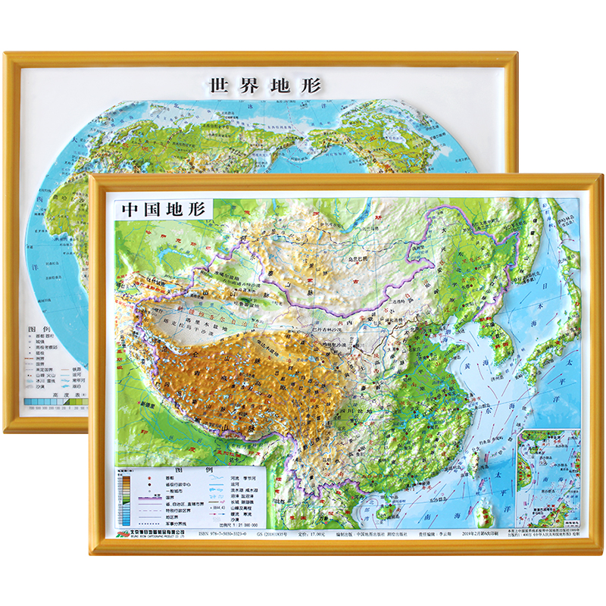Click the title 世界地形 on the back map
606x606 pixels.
tap(264, 85)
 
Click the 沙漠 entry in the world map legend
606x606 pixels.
tap(47, 384)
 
